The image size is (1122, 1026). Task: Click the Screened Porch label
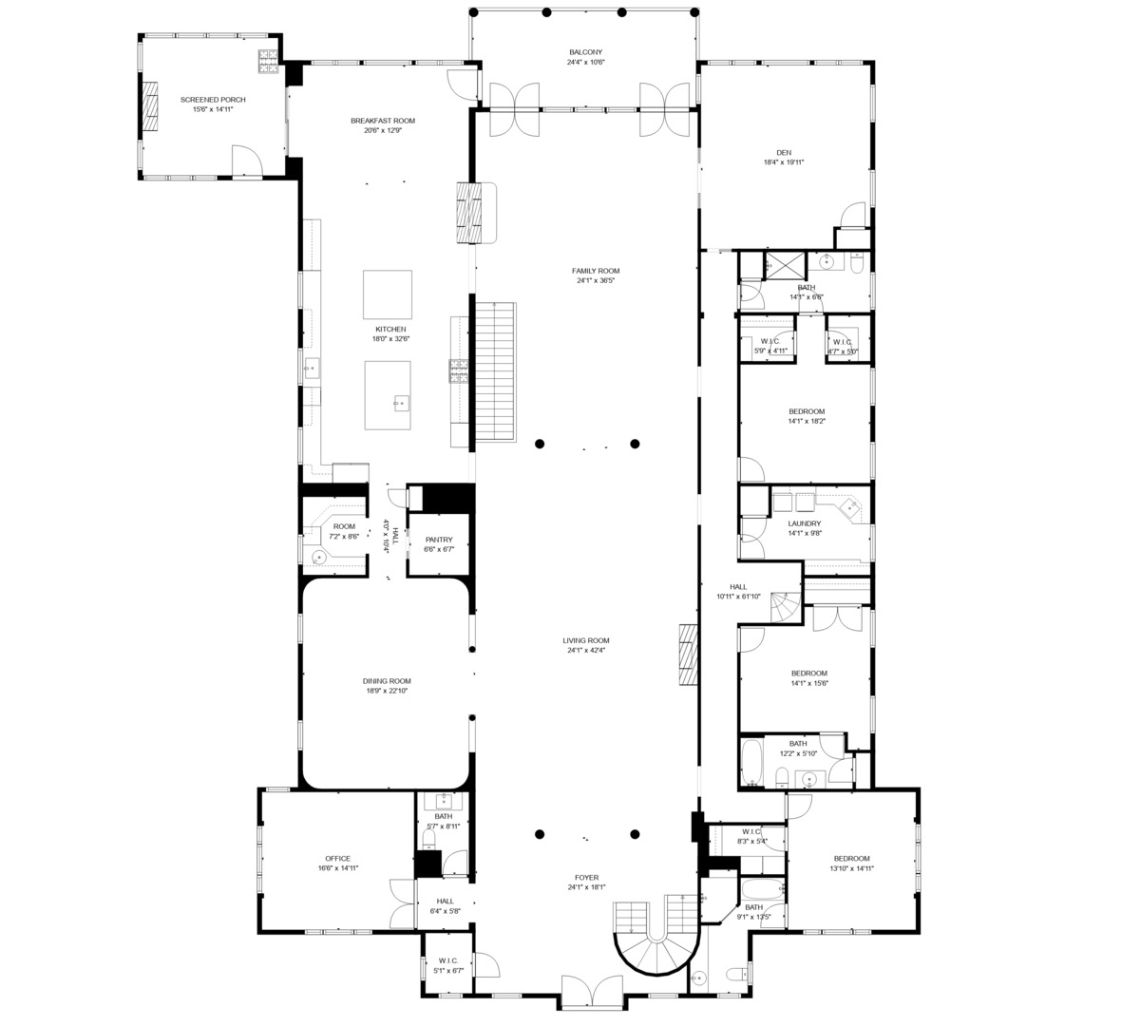coord(206,99)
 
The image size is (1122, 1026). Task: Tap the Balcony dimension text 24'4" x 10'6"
coord(586,63)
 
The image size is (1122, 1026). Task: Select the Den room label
coord(784,152)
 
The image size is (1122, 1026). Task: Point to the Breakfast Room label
coord(383,121)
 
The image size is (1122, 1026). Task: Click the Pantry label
coord(439,540)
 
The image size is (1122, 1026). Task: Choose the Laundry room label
coord(805,522)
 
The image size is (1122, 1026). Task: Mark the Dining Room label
coord(387,680)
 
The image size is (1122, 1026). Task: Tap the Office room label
coord(338,858)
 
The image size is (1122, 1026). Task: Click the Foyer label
coord(586,877)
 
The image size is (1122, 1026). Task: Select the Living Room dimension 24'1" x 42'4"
coord(586,651)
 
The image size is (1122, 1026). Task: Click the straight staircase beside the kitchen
coord(494,370)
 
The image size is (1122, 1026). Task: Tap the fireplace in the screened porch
coord(150,105)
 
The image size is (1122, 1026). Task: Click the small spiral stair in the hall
coord(785,608)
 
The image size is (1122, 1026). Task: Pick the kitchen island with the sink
coord(388,394)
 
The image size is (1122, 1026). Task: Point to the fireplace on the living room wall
coord(689,655)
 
